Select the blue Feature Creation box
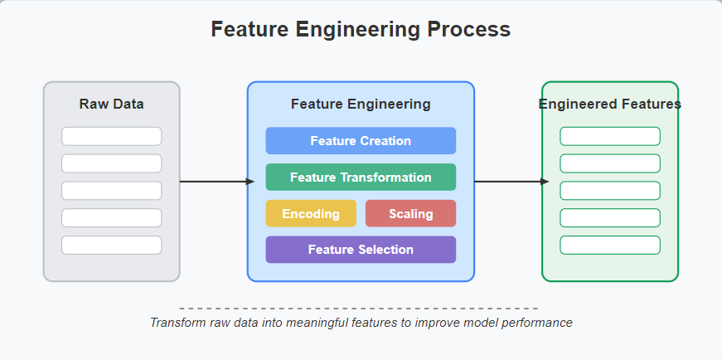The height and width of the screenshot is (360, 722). click(361, 140)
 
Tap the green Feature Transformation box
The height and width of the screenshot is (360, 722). click(361, 177)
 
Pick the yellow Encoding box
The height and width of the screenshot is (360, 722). click(311, 213)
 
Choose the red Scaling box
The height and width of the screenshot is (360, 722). click(410, 213)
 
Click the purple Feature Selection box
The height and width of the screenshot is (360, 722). click(361, 250)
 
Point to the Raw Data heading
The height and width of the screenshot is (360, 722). click(111, 105)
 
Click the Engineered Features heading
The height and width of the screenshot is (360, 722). click(609, 105)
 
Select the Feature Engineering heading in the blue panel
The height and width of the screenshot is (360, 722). click(361, 105)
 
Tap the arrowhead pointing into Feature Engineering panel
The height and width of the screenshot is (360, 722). click(251, 182)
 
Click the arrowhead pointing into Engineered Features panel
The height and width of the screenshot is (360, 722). click(545, 182)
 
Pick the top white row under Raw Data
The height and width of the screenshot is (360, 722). click(111, 136)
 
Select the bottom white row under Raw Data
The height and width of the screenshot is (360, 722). click(111, 246)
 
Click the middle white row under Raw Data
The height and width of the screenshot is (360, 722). click(111, 191)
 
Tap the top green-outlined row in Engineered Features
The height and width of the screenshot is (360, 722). click(610, 136)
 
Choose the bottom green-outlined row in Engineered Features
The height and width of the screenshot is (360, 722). click(610, 246)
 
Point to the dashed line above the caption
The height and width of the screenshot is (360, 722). click(359, 309)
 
